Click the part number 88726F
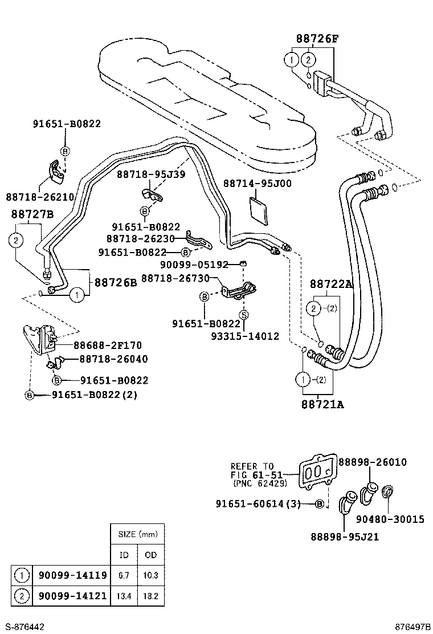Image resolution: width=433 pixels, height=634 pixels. tap(317, 39)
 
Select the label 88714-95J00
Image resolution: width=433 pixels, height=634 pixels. tap(257, 184)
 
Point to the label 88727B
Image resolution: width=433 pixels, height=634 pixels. tap(32, 214)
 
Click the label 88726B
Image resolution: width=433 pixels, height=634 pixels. tap(116, 282)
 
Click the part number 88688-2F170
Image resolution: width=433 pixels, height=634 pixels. tap(108, 345)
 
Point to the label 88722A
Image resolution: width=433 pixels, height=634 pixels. tap(331, 283)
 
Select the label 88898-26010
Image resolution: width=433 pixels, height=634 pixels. tap(373, 462)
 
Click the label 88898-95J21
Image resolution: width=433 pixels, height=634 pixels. tap(345, 537)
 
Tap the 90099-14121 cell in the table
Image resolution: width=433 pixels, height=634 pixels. tap(72, 596)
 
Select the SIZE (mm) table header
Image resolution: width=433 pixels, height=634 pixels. tap(137, 535)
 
